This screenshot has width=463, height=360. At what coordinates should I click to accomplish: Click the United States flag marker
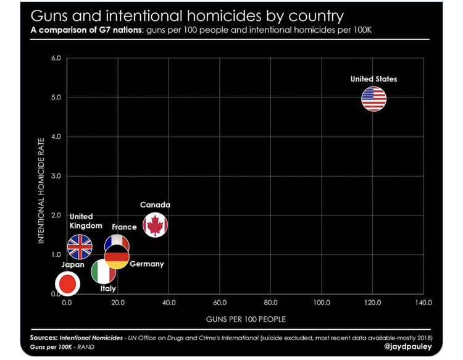click(x=374, y=99)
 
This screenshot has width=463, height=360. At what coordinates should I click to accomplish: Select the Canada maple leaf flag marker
click(x=155, y=225)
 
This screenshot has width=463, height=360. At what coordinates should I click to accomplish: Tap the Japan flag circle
click(x=67, y=283)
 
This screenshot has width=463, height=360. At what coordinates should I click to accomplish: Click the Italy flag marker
click(x=103, y=272)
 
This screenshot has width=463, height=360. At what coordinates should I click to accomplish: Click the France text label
click(x=124, y=227)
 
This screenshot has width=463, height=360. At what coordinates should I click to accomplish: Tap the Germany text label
click(x=147, y=264)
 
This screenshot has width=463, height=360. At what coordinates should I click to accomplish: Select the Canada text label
click(x=155, y=205)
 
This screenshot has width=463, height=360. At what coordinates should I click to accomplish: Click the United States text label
click(x=373, y=79)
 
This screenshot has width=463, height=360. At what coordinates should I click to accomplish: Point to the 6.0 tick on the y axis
click(x=56, y=59)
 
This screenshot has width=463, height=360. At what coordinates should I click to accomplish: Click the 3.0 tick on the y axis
click(x=56, y=176)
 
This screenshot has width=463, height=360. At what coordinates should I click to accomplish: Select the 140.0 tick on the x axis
click(x=423, y=303)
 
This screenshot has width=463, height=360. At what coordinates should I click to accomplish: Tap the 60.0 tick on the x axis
click(x=220, y=303)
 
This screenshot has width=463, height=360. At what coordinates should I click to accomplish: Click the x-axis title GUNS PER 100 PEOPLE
click(x=246, y=319)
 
